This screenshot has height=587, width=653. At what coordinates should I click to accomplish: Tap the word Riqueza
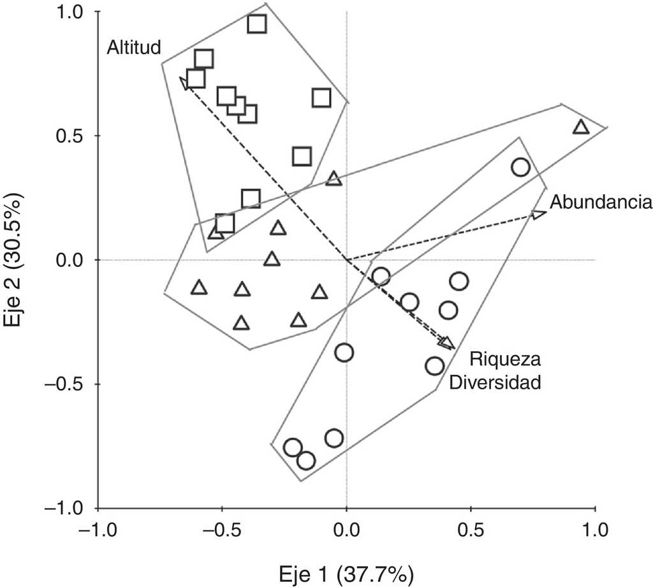tap(506, 360)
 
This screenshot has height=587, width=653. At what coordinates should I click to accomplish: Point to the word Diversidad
tap(495, 383)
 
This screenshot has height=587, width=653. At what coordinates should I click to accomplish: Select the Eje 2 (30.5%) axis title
tap(13, 260)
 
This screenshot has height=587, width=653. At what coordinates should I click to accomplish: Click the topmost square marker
tap(256, 24)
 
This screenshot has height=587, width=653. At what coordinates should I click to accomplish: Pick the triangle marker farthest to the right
tap(580, 127)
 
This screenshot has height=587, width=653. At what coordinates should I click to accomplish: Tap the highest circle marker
tap(520, 167)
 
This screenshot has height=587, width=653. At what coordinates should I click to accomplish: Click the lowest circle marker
tap(306, 460)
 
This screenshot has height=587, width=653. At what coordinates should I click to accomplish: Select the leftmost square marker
tap(196, 79)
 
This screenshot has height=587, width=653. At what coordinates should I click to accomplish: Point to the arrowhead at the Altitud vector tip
tap(184, 83)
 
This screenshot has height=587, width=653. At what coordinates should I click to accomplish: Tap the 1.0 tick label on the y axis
tap(75, 12)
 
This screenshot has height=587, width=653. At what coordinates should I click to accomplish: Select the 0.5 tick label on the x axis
tap(471, 530)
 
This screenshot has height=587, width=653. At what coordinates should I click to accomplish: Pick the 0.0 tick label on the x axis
tap(346, 530)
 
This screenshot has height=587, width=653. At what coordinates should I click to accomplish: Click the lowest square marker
tap(224, 223)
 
